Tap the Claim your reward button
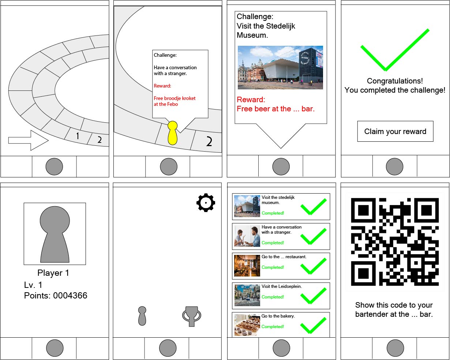point(395,131)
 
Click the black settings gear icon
point(206,203)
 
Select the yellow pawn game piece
point(173,133)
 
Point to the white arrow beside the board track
point(29,140)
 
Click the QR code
point(395,242)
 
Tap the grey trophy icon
point(192,316)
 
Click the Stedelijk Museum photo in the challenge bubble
point(280,67)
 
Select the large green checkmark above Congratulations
point(395,50)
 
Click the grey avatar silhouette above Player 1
point(55,234)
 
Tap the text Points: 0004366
point(56,296)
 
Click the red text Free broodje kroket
point(175,98)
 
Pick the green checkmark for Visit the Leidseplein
point(313,296)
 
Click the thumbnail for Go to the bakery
point(247,325)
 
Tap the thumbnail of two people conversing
point(247,236)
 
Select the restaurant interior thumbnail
point(247,266)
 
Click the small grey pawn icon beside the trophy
point(142,316)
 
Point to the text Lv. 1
point(33,285)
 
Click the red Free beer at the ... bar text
point(275,109)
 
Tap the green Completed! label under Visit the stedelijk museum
point(273,213)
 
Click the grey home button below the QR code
point(395,348)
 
